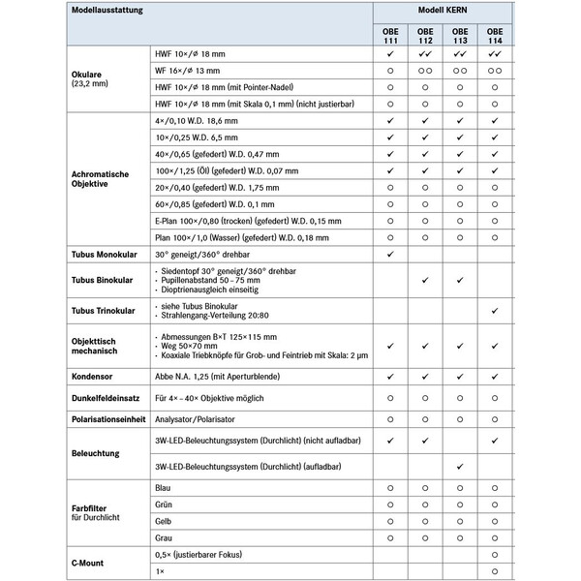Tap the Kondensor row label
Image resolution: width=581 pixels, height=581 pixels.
(x=95, y=375)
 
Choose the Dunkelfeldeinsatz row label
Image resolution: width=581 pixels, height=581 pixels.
(x=107, y=397)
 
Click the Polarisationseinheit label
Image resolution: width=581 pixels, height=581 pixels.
(x=107, y=419)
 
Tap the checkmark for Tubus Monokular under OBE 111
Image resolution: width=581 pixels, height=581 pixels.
(x=389, y=254)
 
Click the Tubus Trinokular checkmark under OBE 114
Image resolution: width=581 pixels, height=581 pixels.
(x=495, y=310)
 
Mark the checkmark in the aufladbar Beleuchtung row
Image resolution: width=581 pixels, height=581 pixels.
(x=460, y=466)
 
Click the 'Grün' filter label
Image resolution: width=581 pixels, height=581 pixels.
(x=165, y=505)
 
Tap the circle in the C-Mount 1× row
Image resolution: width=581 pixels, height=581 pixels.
(x=495, y=570)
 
